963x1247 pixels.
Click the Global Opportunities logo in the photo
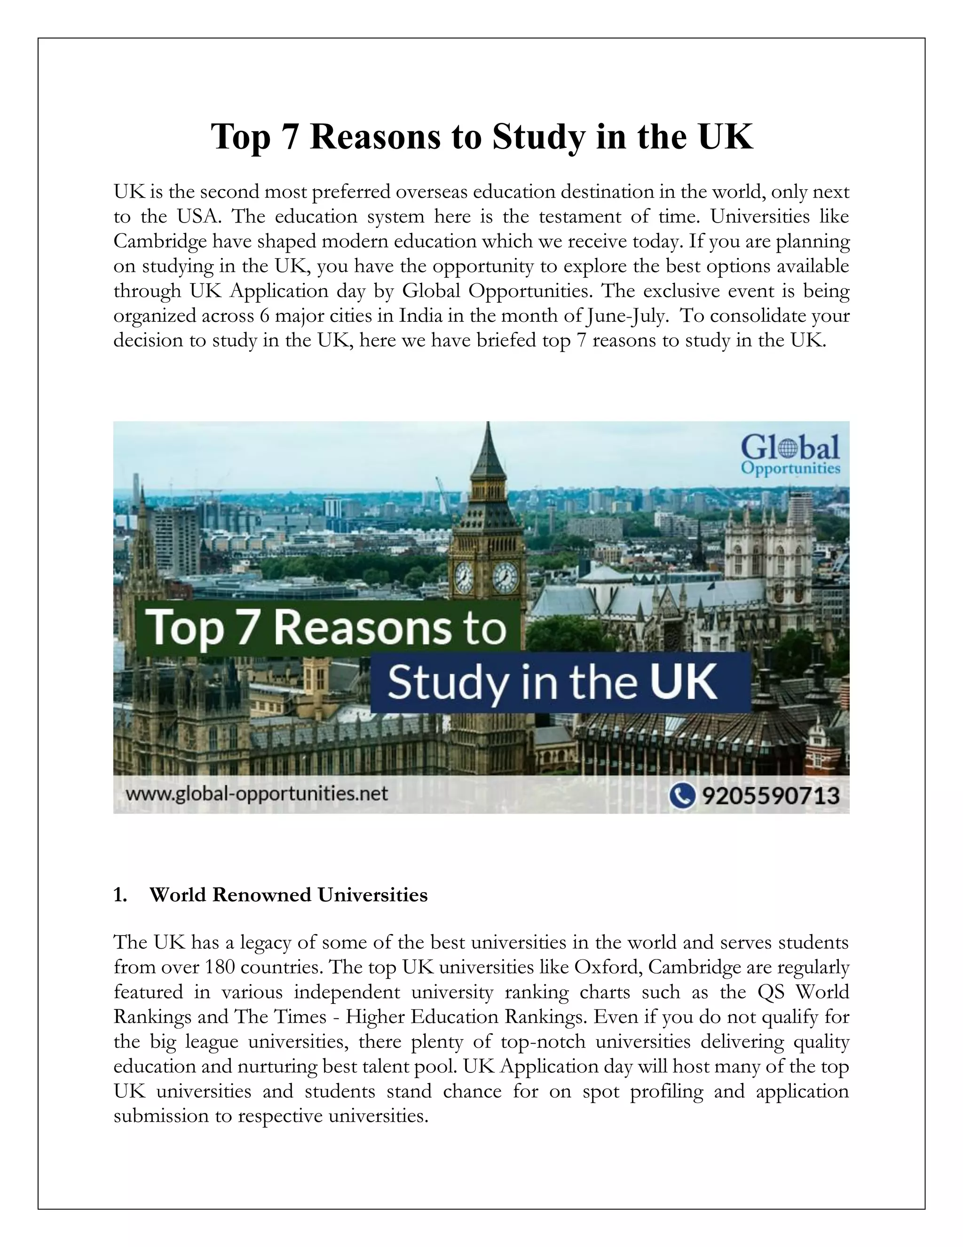pyautogui.click(x=790, y=454)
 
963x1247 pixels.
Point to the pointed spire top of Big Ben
pyautogui.click(x=488, y=425)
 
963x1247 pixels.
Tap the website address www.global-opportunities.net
pyautogui.click(x=257, y=794)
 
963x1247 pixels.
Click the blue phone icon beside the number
pyautogui.click(x=682, y=795)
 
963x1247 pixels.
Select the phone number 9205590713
pyautogui.click(x=770, y=795)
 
